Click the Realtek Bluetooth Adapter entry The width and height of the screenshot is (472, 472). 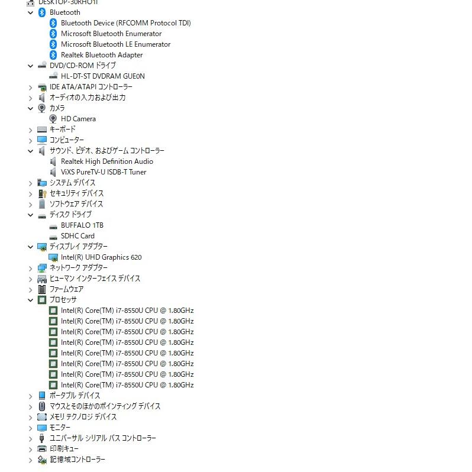(x=102, y=55)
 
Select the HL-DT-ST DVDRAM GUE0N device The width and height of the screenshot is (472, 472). (x=102, y=76)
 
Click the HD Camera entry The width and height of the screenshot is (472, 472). (x=78, y=119)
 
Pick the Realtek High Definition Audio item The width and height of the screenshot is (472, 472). (x=106, y=161)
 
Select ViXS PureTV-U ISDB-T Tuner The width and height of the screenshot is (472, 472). (x=104, y=172)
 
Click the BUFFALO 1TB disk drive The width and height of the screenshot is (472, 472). (x=82, y=225)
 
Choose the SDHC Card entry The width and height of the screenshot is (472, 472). (x=77, y=236)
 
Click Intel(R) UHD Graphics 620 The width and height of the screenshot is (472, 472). (x=101, y=257)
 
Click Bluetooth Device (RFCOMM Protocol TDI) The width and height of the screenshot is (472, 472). (x=125, y=23)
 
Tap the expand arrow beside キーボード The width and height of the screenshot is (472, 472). (x=31, y=130)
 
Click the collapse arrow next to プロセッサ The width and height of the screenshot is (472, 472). (x=31, y=300)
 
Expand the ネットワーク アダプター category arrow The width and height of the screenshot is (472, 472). (x=31, y=268)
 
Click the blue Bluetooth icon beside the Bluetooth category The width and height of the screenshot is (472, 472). (x=42, y=12)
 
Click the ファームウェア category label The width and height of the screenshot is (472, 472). (x=66, y=289)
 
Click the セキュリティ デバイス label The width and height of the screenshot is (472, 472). (x=76, y=193)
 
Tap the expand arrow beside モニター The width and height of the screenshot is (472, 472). (x=31, y=428)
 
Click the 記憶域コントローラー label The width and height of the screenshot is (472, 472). (x=77, y=460)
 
